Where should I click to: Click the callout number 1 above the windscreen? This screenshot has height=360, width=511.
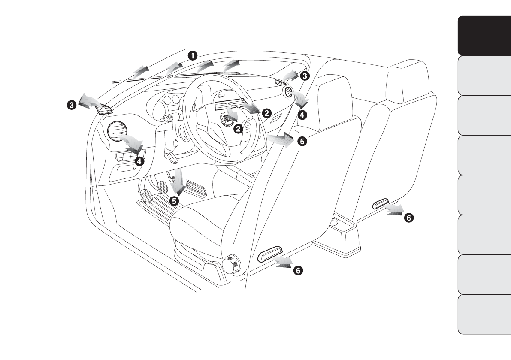point(193,55)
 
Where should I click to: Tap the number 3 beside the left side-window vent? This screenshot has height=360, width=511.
point(72,104)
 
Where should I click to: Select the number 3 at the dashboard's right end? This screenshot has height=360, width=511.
point(304,76)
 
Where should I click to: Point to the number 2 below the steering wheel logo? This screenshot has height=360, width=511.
point(238,128)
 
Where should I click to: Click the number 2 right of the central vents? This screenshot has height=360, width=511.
point(266,113)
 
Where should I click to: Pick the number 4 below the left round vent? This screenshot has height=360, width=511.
point(139,161)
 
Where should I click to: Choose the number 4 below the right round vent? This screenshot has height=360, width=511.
point(302,115)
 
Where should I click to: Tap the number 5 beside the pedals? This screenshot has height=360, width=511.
point(174,200)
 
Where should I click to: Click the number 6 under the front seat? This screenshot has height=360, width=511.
point(298,270)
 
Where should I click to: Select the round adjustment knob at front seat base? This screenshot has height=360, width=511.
point(232,263)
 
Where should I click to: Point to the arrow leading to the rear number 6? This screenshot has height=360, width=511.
point(394,210)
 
